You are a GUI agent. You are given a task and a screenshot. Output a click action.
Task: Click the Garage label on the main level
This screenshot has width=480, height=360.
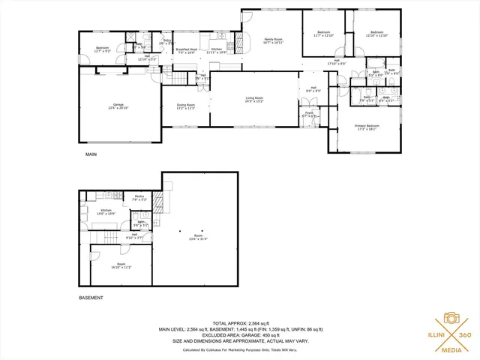(118, 106)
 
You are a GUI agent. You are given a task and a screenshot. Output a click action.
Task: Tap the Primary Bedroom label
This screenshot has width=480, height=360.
(367, 127)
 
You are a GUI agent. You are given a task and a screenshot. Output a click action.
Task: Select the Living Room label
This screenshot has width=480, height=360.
(255, 99)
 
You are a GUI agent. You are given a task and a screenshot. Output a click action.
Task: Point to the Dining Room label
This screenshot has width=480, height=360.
(186, 106)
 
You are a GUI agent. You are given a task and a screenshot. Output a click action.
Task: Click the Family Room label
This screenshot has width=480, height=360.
(273, 40)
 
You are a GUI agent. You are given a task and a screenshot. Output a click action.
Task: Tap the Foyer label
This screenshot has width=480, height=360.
(309, 114)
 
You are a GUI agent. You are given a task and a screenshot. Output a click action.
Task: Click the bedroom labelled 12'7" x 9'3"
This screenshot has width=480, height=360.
(102, 50)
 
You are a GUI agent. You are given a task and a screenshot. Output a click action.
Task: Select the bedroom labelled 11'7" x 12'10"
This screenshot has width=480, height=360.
(324, 34)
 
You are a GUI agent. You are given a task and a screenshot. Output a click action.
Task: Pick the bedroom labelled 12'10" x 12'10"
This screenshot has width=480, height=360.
(376, 34)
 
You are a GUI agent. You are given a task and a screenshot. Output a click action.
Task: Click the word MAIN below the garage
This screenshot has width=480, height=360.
(91, 154)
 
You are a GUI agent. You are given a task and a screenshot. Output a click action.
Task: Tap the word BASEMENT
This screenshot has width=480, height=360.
(91, 298)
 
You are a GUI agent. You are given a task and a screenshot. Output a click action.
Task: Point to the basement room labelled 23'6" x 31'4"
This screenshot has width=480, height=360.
(197, 239)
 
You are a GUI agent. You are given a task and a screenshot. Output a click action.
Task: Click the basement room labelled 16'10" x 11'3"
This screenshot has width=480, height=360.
(121, 266)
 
